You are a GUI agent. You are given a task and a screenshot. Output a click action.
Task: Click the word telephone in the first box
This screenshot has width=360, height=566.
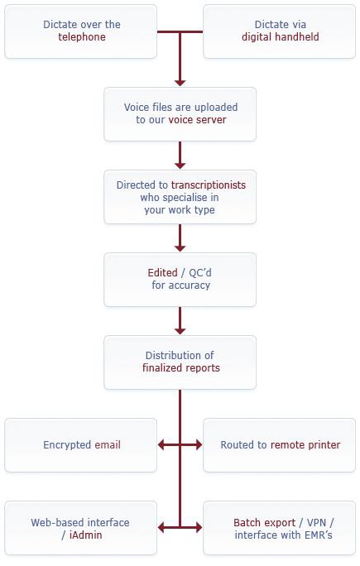82,36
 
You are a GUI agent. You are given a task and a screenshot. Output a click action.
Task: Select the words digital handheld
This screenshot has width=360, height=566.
281,36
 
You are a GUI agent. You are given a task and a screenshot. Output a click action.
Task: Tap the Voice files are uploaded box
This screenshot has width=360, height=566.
180,114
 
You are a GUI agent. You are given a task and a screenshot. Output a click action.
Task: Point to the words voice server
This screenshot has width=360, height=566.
197,119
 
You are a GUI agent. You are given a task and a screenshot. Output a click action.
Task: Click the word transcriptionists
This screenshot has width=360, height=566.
209,185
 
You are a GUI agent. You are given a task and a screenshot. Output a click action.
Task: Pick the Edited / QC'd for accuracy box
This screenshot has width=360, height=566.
180,280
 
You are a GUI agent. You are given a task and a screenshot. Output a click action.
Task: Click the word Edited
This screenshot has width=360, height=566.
162,272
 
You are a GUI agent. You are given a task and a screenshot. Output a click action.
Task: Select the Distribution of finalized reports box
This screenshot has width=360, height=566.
180,362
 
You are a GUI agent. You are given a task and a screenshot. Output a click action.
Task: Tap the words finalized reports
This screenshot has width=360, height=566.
181,368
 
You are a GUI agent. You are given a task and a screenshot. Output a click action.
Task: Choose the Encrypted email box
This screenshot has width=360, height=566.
80,445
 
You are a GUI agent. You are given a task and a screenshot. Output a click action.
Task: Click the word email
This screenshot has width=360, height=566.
108,444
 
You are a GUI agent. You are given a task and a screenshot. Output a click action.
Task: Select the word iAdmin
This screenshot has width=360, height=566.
85,535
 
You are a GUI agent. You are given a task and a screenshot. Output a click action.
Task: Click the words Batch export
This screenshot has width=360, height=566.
264,523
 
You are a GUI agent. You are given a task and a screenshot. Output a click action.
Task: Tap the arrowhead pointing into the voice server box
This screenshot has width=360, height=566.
180,83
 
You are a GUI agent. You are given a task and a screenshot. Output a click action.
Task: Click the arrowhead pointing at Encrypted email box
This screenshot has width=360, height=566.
161,444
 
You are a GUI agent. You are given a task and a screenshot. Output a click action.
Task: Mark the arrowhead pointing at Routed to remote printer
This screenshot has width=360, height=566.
199,444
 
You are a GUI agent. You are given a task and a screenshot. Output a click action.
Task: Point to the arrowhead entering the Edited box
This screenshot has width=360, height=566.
180,248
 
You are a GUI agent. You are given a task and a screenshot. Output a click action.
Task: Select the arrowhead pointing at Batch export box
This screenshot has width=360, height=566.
199,528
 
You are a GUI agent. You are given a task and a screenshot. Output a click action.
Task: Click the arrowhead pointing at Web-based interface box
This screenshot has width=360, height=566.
161,528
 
